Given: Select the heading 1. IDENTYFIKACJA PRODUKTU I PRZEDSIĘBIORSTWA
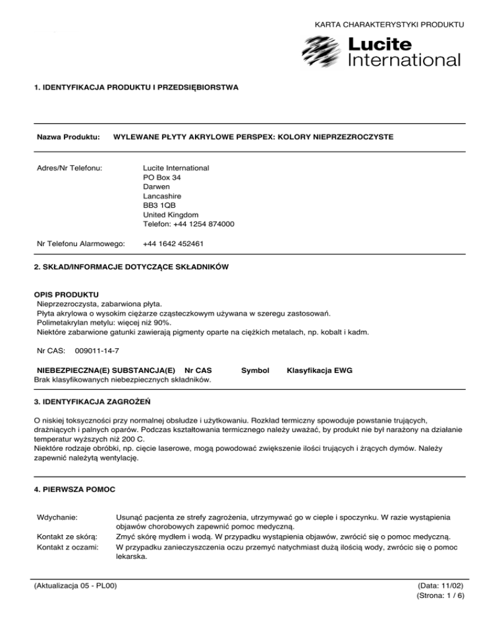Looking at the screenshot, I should (x=136, y=87).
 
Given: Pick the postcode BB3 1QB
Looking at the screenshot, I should (x=160, y=205).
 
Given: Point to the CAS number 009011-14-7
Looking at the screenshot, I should (x=96, y=351).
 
